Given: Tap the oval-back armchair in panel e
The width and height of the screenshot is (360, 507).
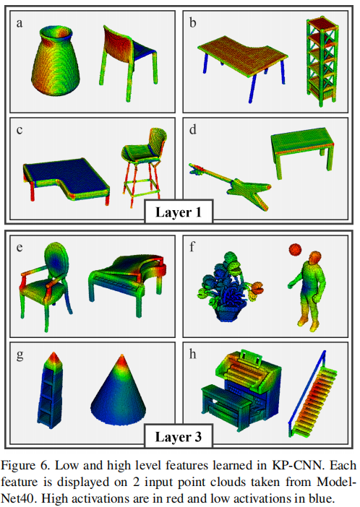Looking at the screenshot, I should (48, 278).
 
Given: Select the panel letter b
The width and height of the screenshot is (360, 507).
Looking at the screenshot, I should (193, 23).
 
